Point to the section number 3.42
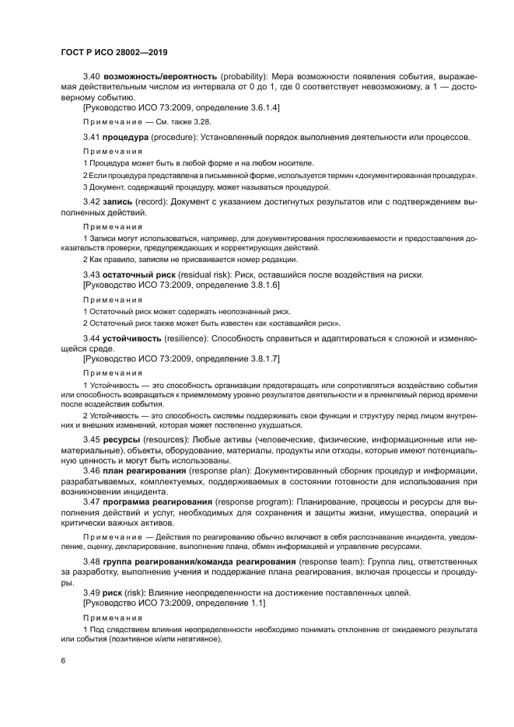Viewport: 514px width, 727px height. tap(92, 201)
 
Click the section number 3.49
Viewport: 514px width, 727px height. tap(92, 592)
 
